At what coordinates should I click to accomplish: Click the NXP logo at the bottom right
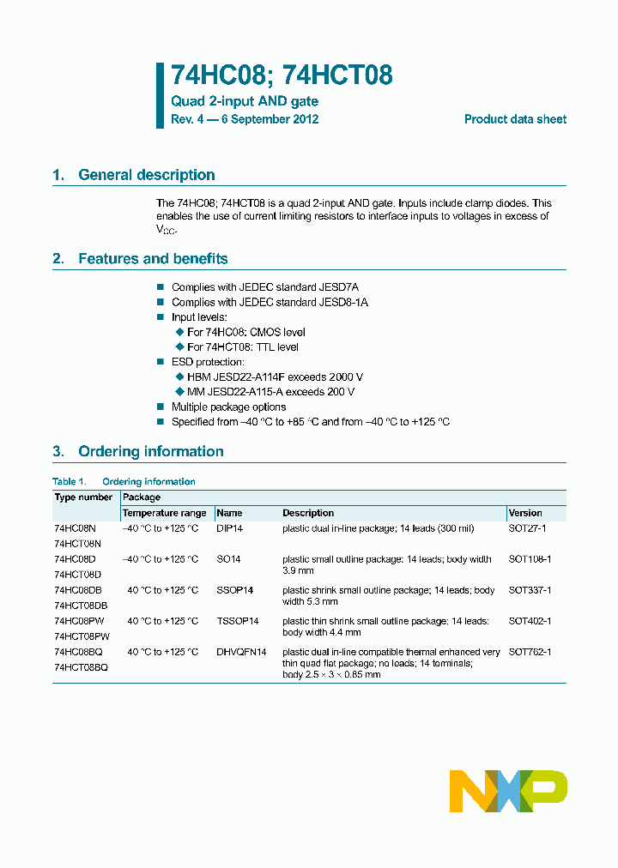point(508,791)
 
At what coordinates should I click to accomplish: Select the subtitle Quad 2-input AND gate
point(245,101)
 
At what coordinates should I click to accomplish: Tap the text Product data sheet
point(515,119)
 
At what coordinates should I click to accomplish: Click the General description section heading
point(146,175)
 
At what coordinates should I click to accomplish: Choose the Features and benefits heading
point(153,258)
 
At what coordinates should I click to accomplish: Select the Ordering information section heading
point(150,451)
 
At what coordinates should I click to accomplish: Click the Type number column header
point(83,497)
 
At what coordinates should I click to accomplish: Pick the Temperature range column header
point(164,513)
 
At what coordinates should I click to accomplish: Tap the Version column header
point(525,513)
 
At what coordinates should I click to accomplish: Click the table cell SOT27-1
point(527,528)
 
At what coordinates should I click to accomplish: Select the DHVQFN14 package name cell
point(241,652)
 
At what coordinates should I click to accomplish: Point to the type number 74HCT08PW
point(82,636)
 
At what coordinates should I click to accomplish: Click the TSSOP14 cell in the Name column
point(237,621)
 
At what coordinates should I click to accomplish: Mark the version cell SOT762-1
point(530,652)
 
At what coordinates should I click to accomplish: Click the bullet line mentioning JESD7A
point(258,286)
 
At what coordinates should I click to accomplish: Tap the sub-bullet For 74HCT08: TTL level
point(243,347)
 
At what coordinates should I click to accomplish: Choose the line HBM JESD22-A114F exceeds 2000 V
point(275,377)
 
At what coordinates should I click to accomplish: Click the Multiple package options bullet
point(228,407)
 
